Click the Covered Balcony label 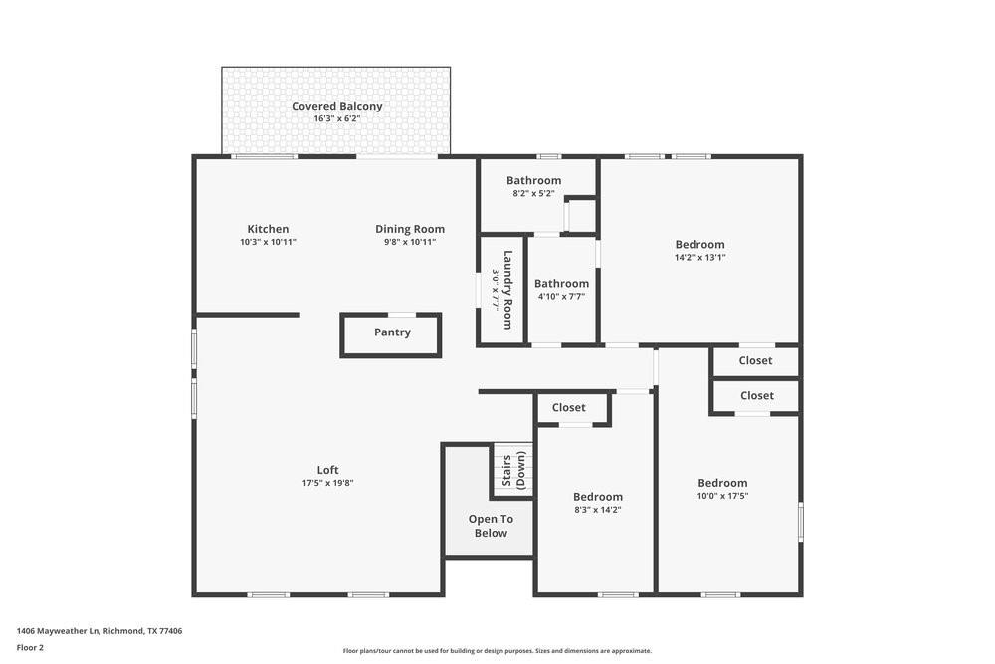tap(336, 107)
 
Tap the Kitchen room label tap(268, 229)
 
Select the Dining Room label tap(410, 229)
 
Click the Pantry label tap(392, 332)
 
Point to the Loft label tap(327, 470)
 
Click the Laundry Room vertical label tap(507, 289)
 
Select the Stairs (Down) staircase tap(513, 471)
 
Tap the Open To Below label tap(491, 526)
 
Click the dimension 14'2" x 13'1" tap(699, 257)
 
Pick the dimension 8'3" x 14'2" tap(597, 510)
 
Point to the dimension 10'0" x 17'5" tap(722, 496)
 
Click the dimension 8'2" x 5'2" tap(533, 193)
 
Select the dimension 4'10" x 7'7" tap(561, 296)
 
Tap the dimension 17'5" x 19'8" tap(327, 483)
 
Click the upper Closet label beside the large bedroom tap(756, 361)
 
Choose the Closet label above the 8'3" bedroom tap(568, 407)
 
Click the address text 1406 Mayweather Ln tap(58, 630)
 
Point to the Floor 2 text tap(30, 647)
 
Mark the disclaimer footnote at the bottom tap(497, 651)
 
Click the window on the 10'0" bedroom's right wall tap(800, 521)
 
